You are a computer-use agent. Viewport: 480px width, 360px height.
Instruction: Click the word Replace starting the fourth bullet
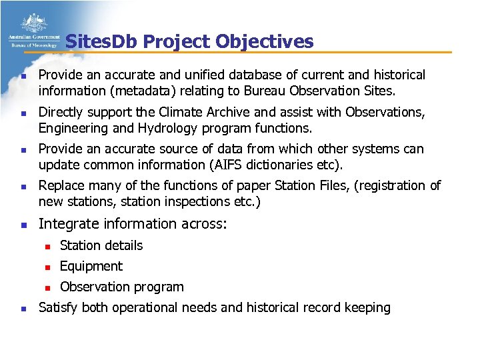[63, 185]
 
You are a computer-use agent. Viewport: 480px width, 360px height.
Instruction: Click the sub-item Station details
[101, 245]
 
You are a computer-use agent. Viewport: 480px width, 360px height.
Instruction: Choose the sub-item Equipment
[91, 266]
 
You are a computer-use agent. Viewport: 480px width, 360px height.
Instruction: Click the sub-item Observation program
[122, 287]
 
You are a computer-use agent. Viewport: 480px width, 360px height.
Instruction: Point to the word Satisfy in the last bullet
[59, 307]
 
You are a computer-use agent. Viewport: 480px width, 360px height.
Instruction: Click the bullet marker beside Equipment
[47, 267]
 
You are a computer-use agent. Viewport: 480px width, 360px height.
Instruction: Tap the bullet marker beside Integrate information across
[23, 225]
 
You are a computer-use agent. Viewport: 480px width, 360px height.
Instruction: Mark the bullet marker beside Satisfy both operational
[23, 308]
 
